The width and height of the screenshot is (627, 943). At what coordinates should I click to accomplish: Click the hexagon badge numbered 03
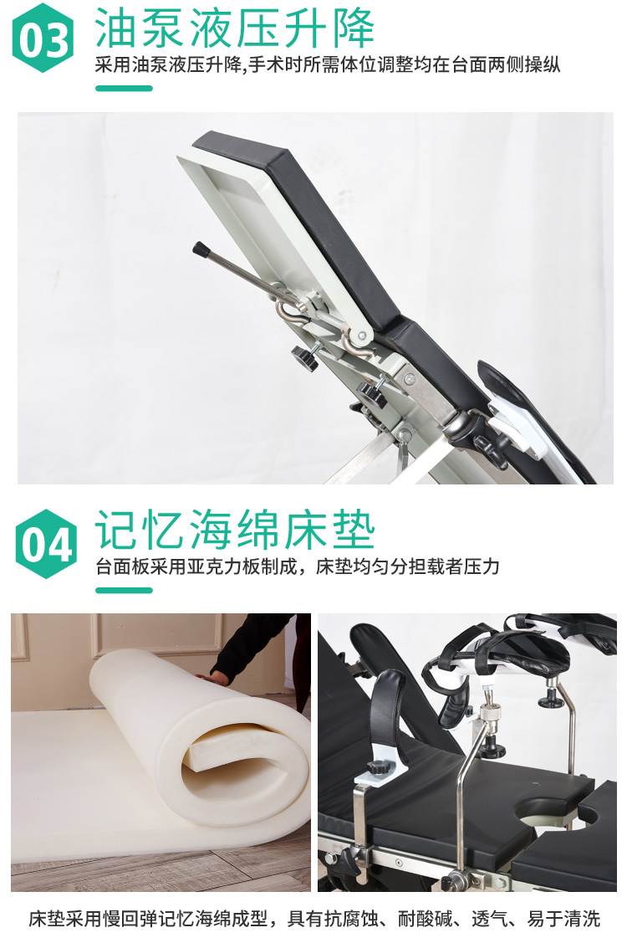[43, 38]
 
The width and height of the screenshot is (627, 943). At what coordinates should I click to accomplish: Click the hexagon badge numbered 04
[46, 544]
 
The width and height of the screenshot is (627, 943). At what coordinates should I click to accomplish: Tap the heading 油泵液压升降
[234, 28]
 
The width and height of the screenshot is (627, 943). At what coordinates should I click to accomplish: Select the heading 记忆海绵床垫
[234, 529]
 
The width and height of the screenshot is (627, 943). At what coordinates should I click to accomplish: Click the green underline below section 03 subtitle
[124, 89]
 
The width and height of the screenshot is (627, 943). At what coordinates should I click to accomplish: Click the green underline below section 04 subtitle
[124, 590]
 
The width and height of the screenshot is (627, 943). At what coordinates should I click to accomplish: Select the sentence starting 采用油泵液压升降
[328, 65]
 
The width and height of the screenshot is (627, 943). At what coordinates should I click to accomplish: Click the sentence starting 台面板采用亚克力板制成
[298, 566]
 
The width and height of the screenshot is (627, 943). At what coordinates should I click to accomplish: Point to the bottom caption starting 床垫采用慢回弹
[313, 919]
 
